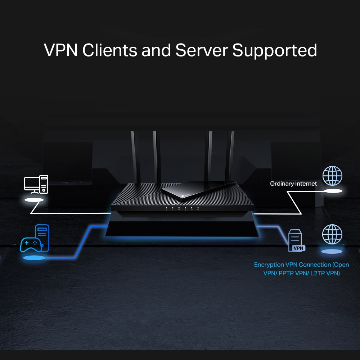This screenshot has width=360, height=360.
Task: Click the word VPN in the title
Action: pos(60,50)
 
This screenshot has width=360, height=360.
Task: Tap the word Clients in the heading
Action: pos(109,50)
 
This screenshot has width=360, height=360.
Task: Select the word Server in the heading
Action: pos(202,50)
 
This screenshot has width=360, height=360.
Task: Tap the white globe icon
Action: pos(332,176)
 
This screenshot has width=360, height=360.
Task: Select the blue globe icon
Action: pos(332,234)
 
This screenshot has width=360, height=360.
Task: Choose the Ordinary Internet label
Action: pos(293,184)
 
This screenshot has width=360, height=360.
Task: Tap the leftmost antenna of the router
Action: pos(135,155)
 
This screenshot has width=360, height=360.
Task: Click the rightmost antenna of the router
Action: pos(230,155)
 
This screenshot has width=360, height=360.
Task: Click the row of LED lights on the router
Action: pos(182,208)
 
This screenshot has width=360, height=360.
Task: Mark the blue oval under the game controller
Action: pos(34,258)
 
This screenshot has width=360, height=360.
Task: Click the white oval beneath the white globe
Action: pos(332,191)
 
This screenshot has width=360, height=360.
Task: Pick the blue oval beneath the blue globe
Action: pos(332,251)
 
